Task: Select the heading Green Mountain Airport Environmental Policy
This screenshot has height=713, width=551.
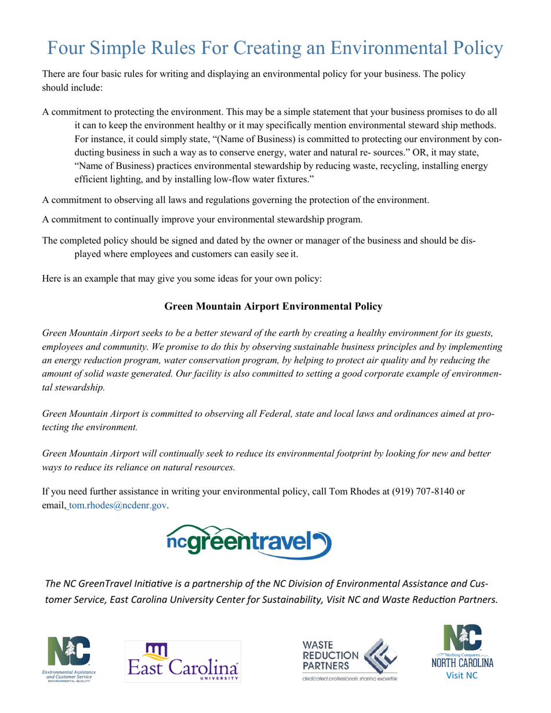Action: pos(273,306)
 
